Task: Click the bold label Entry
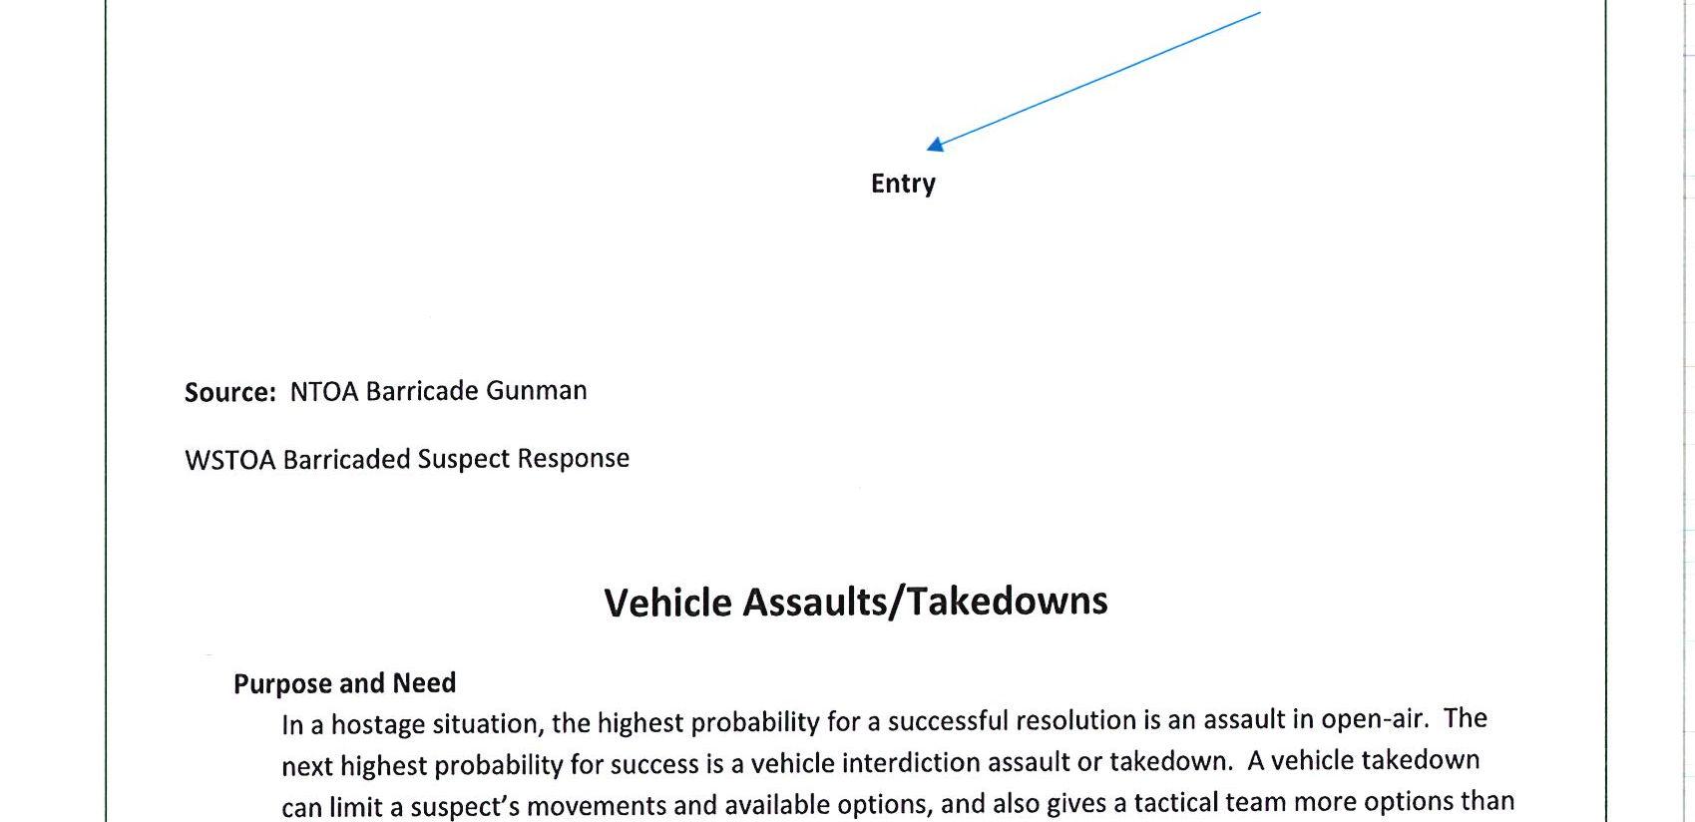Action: point(903,184)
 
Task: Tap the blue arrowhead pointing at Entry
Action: point(935,146)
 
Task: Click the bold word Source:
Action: point(230,392)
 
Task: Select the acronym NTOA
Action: point(324,391)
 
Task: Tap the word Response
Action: point(574,458)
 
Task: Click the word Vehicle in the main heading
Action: point(668,603)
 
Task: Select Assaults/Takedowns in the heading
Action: point(926,602)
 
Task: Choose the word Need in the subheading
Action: point(424,683)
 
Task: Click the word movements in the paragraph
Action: point(600,805)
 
